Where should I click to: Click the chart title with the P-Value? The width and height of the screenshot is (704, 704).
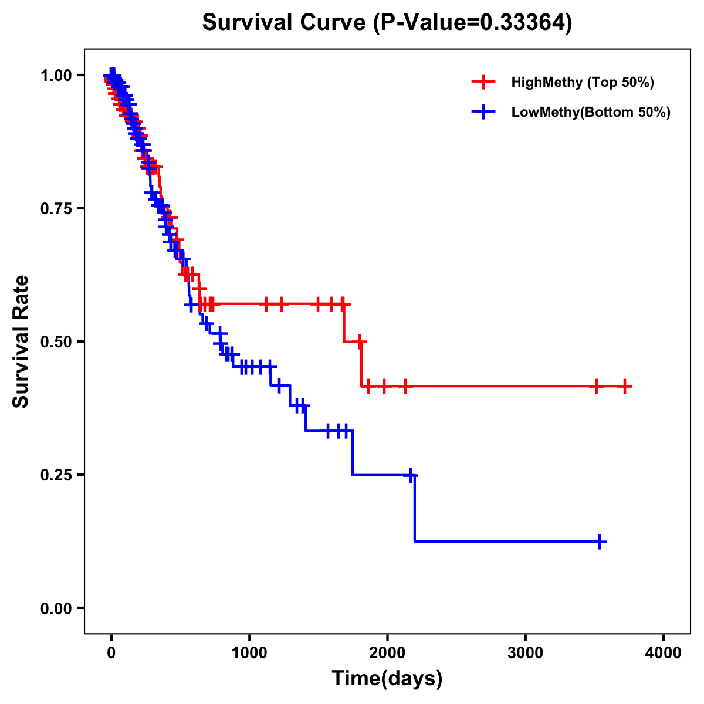(387, 22)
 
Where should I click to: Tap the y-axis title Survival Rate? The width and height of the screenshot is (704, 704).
(21, 341)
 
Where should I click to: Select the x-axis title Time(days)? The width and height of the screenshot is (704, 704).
(387, 678)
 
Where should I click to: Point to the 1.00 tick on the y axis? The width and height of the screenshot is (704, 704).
(56, 75)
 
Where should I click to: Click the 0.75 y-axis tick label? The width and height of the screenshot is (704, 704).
(56, 208)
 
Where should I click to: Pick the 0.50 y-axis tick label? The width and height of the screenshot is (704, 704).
(56, 341)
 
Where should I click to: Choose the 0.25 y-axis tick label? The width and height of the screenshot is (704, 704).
(56, 475)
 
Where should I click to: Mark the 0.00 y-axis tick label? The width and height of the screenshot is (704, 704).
(56, 608)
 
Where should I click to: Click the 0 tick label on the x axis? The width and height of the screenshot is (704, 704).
(111, 652)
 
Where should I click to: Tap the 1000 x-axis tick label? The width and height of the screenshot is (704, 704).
(249, 652)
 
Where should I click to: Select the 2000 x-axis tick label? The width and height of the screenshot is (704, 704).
(387, 652)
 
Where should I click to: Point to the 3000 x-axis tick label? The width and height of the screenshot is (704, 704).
(525, 652)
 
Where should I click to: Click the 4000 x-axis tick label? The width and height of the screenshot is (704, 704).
(663, 652)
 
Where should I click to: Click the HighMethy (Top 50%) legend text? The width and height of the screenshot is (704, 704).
(583, 82)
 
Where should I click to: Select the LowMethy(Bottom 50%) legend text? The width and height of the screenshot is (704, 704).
(591, 112)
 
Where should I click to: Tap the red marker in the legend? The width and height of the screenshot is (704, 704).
(483, 82)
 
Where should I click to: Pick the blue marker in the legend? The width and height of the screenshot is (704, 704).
(483, 112)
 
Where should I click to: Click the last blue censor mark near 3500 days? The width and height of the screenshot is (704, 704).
(600, 541)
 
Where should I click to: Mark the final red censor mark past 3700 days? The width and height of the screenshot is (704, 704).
(625, 386)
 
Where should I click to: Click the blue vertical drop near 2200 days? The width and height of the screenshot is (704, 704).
(415, 507)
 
